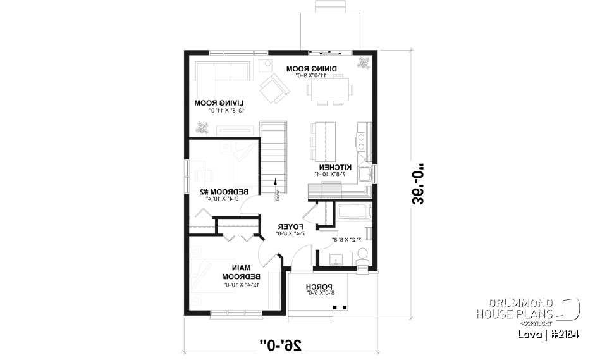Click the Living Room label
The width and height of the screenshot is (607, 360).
(x=219, y=102)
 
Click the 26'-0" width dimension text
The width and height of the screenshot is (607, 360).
(x=280, y=344)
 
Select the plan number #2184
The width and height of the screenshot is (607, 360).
(x=564, y=334)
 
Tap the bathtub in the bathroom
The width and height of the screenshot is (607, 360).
(x=353, y=212)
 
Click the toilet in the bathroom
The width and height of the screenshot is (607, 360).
(x=363, y=254)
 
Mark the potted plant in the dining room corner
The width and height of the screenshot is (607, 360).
(x=364, y=63)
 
